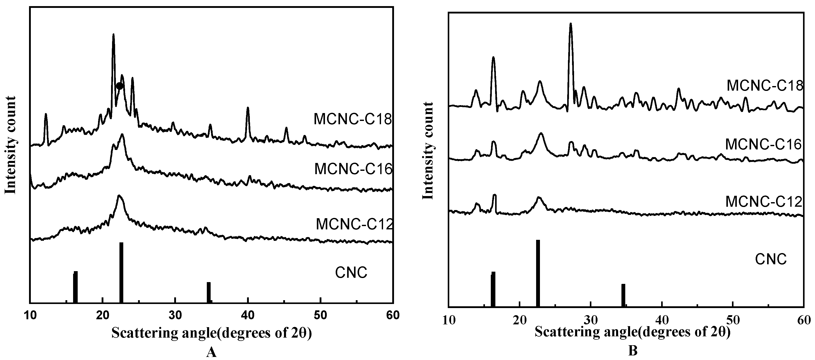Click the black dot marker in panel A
[x=119, y=86]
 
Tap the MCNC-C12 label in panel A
[x=354, y=224]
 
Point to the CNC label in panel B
[x=770, y=259]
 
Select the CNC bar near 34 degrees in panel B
[x=623, y=295]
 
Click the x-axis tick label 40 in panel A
[x=248, y=315]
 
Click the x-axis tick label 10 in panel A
[x=30, y=315]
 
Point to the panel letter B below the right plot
[x=632, y=351]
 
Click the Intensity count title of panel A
[x=11, y=145]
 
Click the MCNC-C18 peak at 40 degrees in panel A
[x=248, y=108]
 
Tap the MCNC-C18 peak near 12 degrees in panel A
[x=46, y=115]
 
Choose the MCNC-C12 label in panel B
[x=763, y=201]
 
